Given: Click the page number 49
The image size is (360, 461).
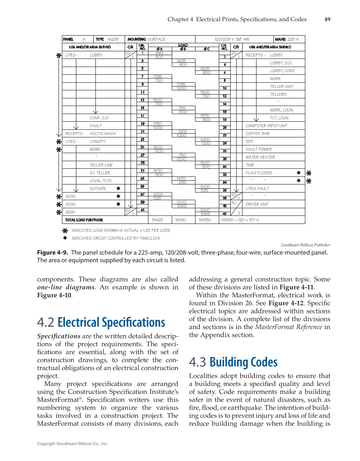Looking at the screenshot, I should tap(327, 19).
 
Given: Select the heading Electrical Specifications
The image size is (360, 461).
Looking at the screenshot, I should tap(101, 322).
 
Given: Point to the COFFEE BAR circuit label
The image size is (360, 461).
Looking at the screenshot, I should tap(257, 134).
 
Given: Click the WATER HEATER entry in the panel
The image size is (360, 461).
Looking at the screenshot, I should tap(260, 157).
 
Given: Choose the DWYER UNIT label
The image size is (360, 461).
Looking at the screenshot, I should tap(257, 204).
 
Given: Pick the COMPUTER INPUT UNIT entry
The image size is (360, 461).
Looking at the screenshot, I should tap(266, 126).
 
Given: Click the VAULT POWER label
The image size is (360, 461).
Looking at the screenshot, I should tap(259, 149).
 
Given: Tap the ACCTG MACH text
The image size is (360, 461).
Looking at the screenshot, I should tap(103, 134).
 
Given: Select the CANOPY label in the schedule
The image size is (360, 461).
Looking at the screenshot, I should tap(97, 142).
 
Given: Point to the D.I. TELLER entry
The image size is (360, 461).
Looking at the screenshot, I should tap(100, 173).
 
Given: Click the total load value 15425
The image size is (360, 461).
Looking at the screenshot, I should tap(157, 220).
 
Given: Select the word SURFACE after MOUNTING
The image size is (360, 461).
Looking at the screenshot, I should tap(156, 39).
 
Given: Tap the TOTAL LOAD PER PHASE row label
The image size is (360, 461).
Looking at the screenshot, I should tap(84, 220).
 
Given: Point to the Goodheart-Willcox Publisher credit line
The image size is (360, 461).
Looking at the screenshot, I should tap(306, 245).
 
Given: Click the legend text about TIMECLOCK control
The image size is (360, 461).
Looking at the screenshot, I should tap(116, 238).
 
